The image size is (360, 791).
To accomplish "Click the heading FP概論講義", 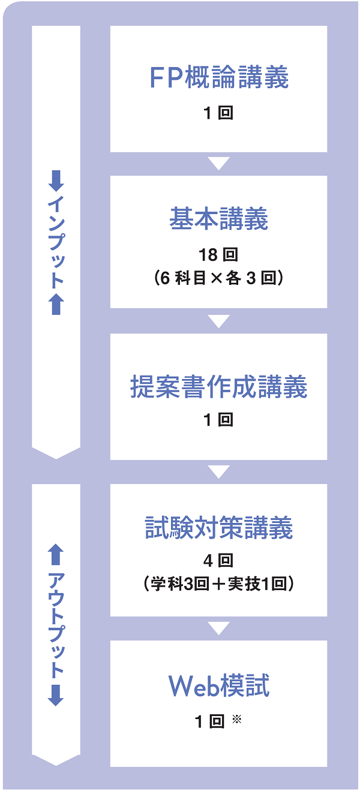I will [x=218, y=79].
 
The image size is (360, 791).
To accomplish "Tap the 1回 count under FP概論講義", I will [x=218, y=113].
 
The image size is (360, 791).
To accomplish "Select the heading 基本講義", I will [x=218, y=220].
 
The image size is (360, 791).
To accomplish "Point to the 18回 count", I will [x=218, y=255].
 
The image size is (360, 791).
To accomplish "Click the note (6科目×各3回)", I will [x=218, y=278].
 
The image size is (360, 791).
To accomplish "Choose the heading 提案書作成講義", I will [x=218, y=387].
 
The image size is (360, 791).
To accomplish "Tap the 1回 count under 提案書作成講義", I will [x=218, y=420].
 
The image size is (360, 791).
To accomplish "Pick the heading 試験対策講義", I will [x=218, y=529].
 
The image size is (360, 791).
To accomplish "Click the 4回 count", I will [x=218, y=561].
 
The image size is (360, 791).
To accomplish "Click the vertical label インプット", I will [x=56, y=242].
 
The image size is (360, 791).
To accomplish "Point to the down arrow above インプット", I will [x=56, y=180].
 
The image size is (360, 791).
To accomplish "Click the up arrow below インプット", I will [x=56, y=305].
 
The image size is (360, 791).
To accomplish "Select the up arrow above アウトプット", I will [x=56, y=555].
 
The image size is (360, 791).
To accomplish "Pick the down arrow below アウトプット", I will [x=56, y=695].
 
